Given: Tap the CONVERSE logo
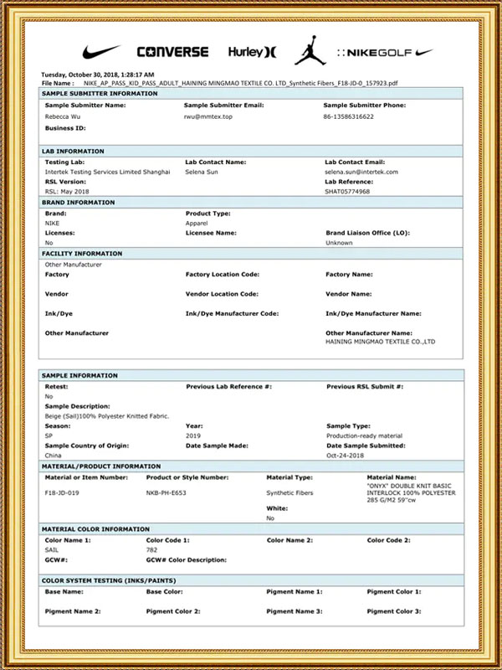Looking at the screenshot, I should click(x=172, y=52).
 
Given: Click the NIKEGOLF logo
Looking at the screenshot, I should click(x=386, y=52).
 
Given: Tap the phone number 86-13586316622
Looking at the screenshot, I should click(x=349, y=117).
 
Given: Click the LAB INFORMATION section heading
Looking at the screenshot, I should click(x=73, y=151).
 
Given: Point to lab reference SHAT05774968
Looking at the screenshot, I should click(x=348, y=191).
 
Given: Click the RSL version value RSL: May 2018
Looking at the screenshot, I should click(x=66, y=191).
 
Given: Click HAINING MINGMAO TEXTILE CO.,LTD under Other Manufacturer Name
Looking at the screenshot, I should click(x=380, y=342).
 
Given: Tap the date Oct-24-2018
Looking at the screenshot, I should click(x=345, y=456).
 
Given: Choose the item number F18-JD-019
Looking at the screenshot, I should click(x=61, y=493).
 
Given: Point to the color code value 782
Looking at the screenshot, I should click(x=151, y=549).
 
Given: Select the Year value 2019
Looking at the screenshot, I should click(x=193, y=435).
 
